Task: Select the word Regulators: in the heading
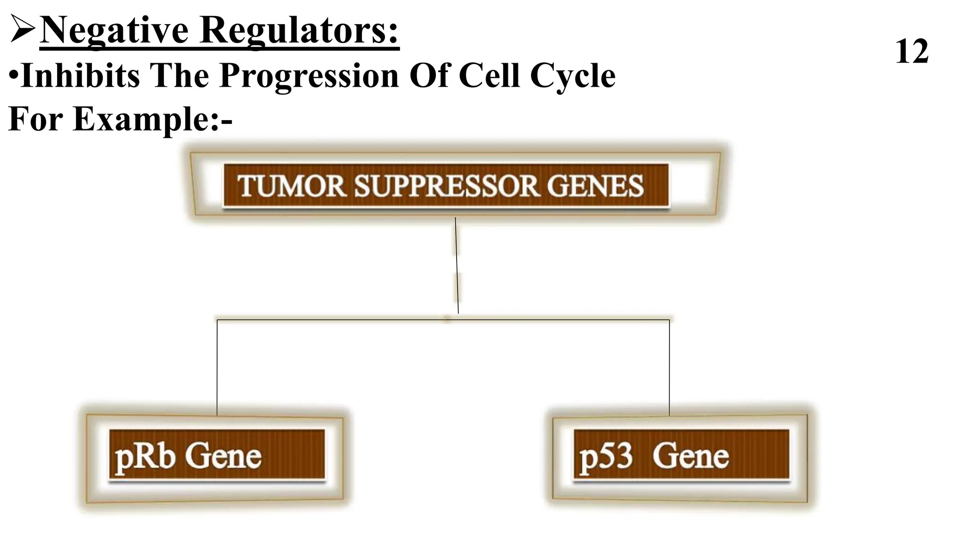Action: pyautogui.click(x=299, y=31)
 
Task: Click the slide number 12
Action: pyautogui.click(x=911, y=52)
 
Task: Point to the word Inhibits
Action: pyautogui.click(x=80, y=76)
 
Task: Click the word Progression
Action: pyautogui.click(x=309, y=76)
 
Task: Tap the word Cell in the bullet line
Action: pyautogui.click(x=489, y=76)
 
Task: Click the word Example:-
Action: pyautogui.click(x=153, y=119)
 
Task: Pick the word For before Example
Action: pyautogui.click(x=35, y=119)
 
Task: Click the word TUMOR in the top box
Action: pyautogui.click(x=292, y=186)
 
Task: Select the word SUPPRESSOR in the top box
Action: pyautogui.click(x=446, y=186)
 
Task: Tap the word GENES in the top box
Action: pyautogui.click(x=595, y=186)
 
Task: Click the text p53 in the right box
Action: pyautogui.click(x=605, y=457)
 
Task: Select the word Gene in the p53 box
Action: pyautogui.click(x=690, y=457)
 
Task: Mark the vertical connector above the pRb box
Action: pyautogui.click(x=217, y=368)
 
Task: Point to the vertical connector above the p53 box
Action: pyautogui.click(x=669, y=368)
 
